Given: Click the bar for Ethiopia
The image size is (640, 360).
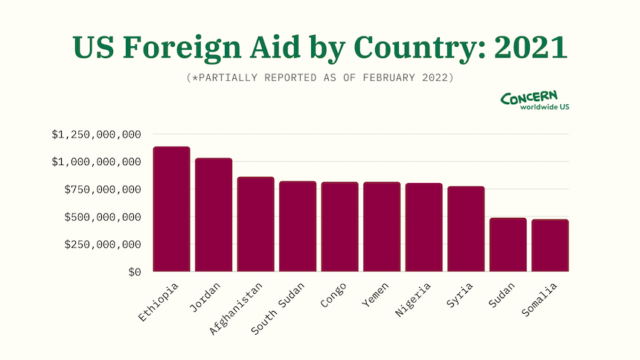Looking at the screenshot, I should [x=171, y=209].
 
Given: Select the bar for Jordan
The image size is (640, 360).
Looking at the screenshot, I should [x=214, y=215].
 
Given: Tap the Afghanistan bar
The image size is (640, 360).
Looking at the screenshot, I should [x=255, y=224].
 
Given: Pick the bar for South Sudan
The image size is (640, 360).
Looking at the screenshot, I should [x=298, y=226].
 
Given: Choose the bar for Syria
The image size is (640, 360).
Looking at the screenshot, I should [x=466, y=229].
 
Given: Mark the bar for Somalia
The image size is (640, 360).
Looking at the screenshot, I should [x=550, y=245].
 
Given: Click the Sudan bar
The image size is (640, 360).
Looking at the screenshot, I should [x=508, y=245].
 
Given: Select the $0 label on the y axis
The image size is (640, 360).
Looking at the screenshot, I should [x=133, y=272].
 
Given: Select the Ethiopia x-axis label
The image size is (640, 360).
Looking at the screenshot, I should [x=159, y=303].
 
